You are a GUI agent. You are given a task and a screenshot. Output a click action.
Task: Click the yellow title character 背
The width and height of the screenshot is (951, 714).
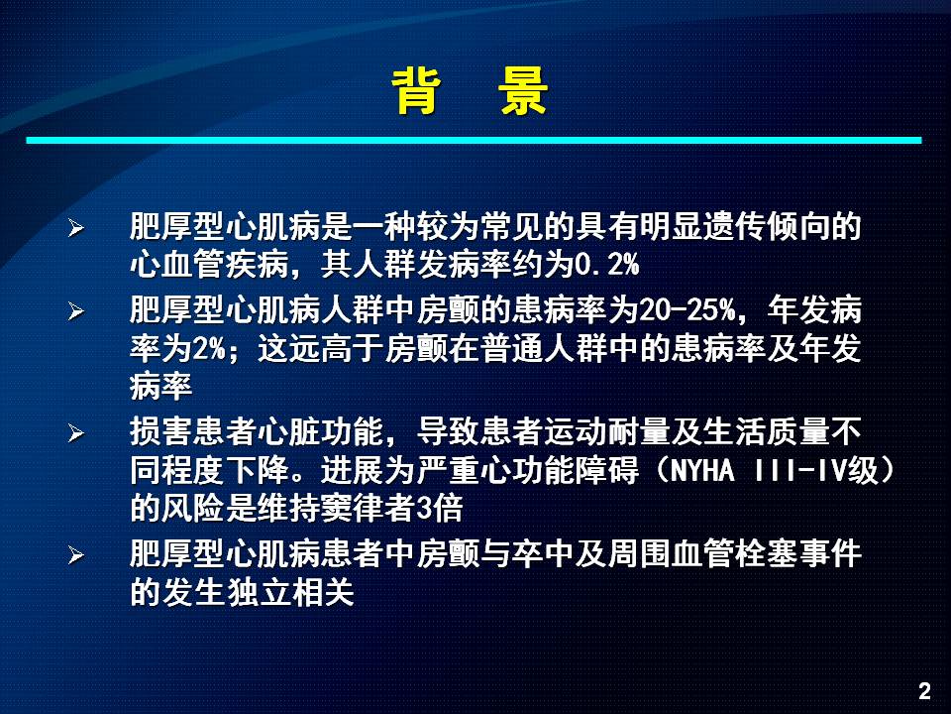pos(416,91)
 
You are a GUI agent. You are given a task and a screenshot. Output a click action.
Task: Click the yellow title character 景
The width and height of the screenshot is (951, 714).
pos(523,91)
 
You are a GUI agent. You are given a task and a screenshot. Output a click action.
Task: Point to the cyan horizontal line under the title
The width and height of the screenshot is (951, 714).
pos(474,140)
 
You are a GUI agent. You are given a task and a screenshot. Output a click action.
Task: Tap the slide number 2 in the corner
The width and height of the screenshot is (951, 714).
pos(925,691)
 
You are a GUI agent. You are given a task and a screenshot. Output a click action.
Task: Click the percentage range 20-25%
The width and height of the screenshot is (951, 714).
pos(687,310)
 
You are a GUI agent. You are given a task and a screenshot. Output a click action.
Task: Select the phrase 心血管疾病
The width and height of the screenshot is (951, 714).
pos(209,265)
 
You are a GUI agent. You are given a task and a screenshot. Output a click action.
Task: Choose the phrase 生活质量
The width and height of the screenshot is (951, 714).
pos(767,432)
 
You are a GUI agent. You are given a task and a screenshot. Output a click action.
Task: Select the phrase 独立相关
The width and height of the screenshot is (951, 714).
pos(289,592)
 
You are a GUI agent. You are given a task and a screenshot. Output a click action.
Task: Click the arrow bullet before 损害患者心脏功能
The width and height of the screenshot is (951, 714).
pos(76,433)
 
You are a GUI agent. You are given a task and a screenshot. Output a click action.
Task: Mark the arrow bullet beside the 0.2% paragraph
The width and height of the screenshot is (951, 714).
pos(76,228)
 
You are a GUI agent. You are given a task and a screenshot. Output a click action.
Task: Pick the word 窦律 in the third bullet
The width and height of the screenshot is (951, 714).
pos(353,509)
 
